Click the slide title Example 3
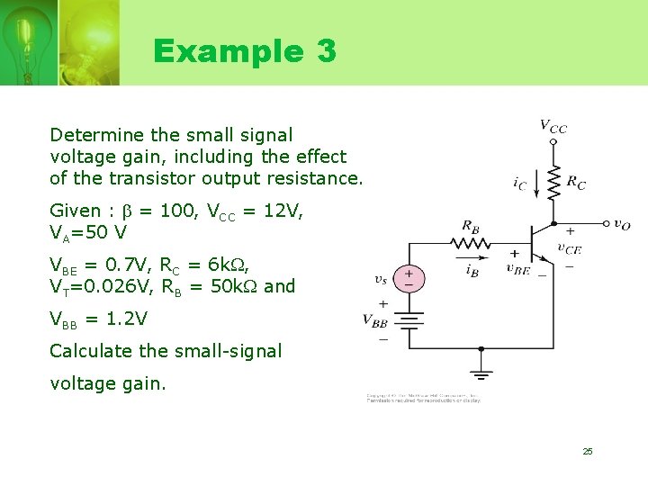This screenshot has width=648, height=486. (x=244, y=51)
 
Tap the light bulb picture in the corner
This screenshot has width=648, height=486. (x=40, y=41)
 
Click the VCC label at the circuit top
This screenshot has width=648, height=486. (x=553, y=127)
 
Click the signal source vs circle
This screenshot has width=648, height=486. (x=409, y=278)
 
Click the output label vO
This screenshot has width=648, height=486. (x=621, y=225)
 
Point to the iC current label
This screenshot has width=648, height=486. (x=519, y=184)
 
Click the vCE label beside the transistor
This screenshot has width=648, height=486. (x=569, y=247)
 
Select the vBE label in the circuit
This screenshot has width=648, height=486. (x=517, y=268)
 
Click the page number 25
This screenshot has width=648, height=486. (x=587, y=451)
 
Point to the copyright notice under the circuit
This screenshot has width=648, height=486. (x=423, y=398)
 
